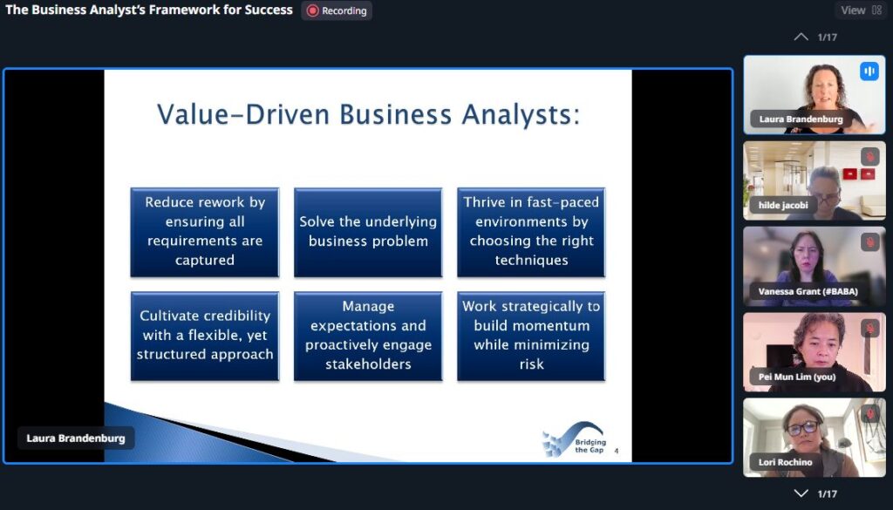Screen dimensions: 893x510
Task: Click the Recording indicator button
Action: [337, 10]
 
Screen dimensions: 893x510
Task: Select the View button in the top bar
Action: [861, 10]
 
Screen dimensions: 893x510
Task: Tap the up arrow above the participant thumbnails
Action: [801, 37]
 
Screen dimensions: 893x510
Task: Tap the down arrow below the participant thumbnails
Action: [801, 493]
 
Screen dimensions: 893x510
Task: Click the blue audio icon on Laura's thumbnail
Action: [869, 71]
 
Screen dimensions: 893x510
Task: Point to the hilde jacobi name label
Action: [783, 205]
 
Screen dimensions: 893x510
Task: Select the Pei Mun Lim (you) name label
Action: [797, 377]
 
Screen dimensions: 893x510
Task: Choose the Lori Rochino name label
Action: [785, 462]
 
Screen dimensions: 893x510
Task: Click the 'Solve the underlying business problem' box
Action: [368, 232]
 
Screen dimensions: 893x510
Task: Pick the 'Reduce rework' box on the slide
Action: [205, 232]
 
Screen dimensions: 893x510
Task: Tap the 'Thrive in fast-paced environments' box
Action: [531, 232]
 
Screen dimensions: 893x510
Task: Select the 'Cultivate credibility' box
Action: [205, 336]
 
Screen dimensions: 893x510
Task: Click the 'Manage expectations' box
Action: [368, 336]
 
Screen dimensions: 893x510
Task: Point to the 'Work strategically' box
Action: [531, 336]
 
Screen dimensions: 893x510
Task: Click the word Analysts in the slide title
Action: [521, 114]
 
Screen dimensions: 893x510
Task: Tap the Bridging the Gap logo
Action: [574, 440]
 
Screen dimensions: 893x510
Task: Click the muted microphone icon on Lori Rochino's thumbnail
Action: [869, 414]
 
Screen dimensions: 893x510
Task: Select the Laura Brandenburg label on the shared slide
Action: [76, 439]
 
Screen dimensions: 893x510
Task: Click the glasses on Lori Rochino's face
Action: [802, 428]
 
